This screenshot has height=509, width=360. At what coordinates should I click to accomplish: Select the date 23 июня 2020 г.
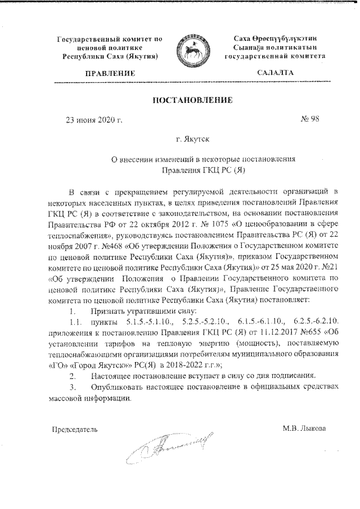click(94, 120)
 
